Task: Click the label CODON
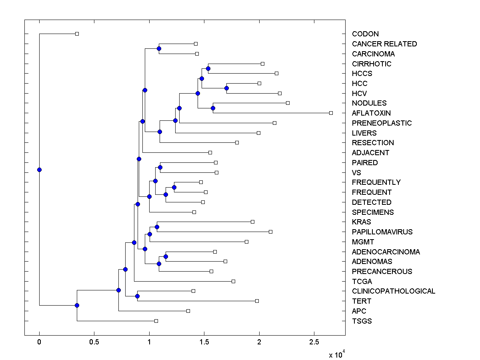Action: pyautogui.click(x=365, y=34)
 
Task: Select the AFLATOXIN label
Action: pyautogui.click(x=371, y=113)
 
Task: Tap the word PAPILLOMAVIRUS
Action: pyautogui.click(x=382, y=232)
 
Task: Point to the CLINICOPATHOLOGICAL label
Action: pyautogui.click(x=393, y=291)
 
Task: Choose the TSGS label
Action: pyautogui.click(x=362, y=321)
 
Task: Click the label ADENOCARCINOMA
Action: pyautogui.click(x=386, y=252)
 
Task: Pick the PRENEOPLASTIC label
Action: pyautogui.click(x=382, y=123)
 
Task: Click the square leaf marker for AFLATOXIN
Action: pyautogui.click(x=331, y=113)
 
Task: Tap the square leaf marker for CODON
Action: pyautogui.click(x=77, y=34)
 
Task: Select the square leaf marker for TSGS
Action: pyautogui.click(x=156, y=321)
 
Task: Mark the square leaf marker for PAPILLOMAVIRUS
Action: pyautogui.click(x=270, y=232)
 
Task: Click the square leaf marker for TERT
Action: pyautogui.click(x=257, y=301)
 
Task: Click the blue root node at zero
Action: pyautogui.click(x=39, y=170)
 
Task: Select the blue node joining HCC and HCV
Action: pyautogui.click(x=226, y=88)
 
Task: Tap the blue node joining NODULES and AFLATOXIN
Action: pyautogui.click(x=213, y=108)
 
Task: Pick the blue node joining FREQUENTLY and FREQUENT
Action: pyautogui.click(x=174, y=187)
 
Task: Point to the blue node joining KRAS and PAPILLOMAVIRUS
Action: pyautogui.click(x=157, y=227)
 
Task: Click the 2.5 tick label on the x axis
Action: pyautogui.click(x=314, y=342)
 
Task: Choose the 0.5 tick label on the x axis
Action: pyautogui.click(x=94, y=342)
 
